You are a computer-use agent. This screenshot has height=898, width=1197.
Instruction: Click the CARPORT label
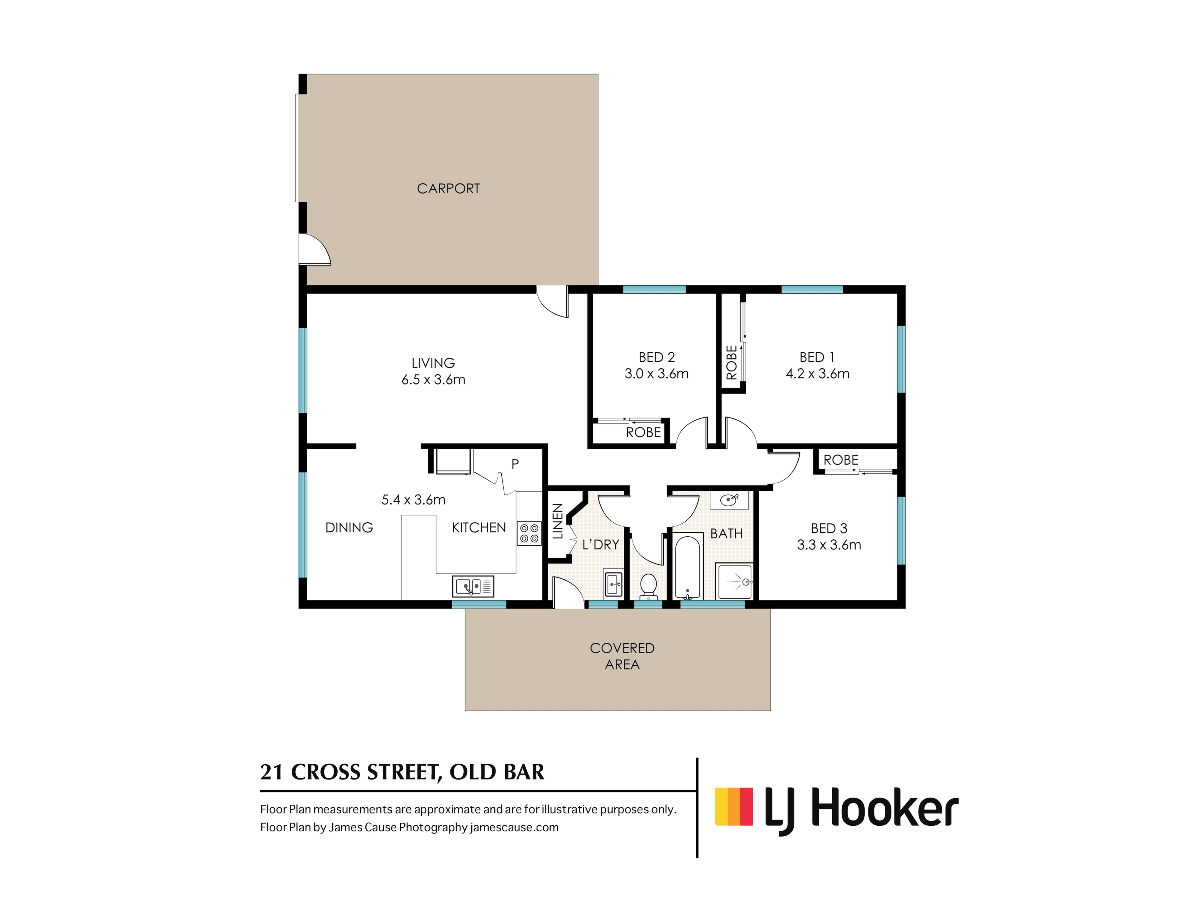448,188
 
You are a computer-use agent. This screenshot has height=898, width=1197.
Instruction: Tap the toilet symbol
648,586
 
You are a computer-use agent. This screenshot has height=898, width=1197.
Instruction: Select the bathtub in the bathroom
688,567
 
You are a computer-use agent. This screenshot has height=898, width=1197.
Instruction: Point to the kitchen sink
473,586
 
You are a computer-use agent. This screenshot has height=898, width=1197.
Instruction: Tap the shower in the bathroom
734,581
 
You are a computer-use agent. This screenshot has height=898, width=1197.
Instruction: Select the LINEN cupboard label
557,521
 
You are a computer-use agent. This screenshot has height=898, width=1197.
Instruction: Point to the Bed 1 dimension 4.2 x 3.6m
818,374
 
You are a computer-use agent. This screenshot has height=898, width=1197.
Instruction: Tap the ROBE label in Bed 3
841,460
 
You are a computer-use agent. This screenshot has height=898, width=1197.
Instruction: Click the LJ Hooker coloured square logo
734,807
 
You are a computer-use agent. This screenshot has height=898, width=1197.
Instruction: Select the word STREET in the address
401,772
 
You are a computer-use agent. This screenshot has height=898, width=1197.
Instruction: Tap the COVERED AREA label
622,656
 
